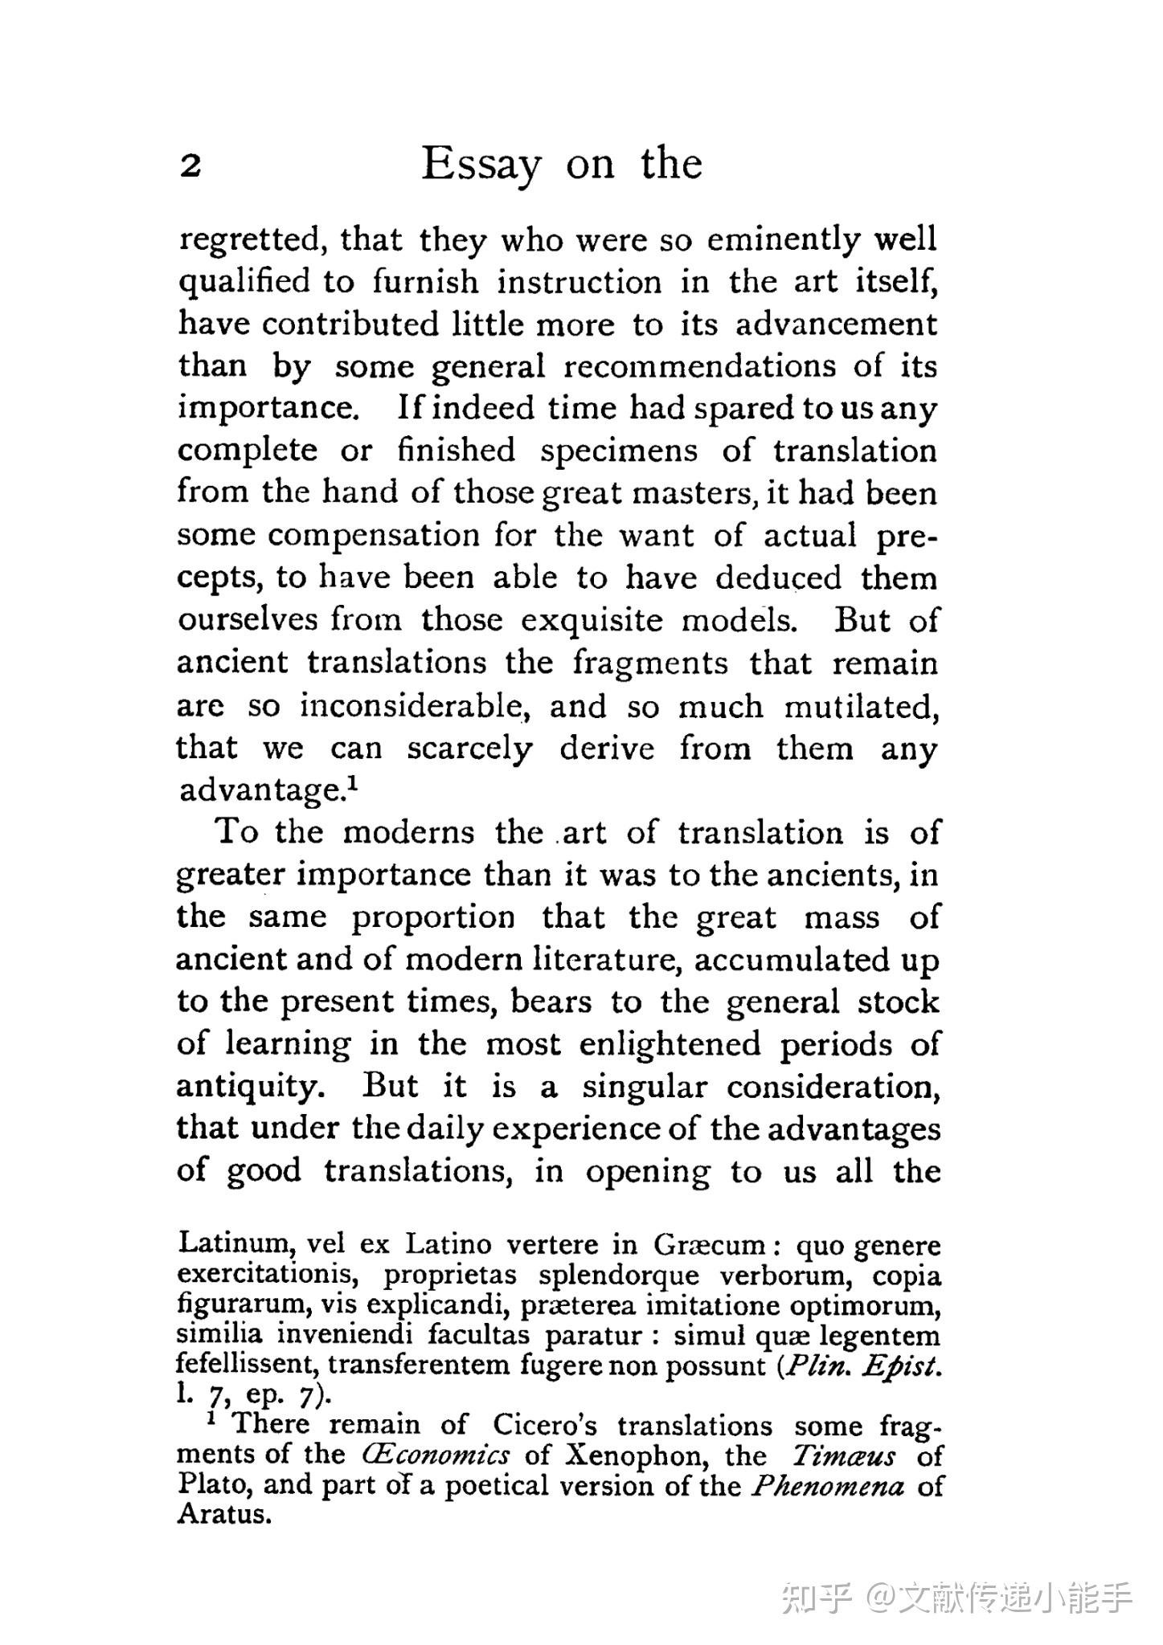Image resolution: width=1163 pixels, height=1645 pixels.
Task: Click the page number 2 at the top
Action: (x=190, y=166)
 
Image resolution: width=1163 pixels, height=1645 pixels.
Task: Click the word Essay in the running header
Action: (x=481, y=165)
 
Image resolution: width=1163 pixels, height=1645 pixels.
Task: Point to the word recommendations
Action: (x=699, y=366)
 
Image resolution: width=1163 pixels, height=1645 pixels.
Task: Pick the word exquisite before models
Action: (x=592, y=619)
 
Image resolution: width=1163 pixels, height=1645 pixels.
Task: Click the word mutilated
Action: (x=860, y=706)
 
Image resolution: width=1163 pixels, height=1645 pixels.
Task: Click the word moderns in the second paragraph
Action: (x=408, y=832)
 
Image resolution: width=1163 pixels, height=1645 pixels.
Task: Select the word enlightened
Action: (x=670, y=1043)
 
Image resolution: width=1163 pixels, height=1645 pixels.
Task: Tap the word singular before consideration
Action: (x=645, y=1087)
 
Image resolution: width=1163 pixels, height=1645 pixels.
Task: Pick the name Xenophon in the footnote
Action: (x=635, y=1455)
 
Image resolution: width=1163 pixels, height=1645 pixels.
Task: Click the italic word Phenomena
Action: (x=828, y=1485)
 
